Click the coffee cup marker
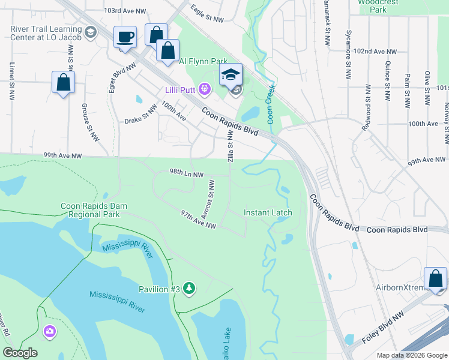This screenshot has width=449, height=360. point(125,37)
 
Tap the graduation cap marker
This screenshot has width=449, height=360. point(230,75)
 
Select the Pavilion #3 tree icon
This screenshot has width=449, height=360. point(190,289)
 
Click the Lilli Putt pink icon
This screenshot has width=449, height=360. point(205,90)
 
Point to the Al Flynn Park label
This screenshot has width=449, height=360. point(203,61)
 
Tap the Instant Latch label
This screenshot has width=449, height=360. point(268,213)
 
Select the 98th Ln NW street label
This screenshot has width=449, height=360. point(187,173)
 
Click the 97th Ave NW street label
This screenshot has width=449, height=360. point(198,220)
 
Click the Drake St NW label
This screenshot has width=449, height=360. point(140,115)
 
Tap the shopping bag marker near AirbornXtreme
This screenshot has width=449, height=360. point(435,279)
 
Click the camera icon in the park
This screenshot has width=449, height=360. point(50,331)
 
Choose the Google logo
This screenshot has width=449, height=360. point(20,353)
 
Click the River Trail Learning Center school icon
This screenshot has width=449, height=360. point(91,32)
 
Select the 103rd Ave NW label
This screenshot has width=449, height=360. point(124,11)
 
